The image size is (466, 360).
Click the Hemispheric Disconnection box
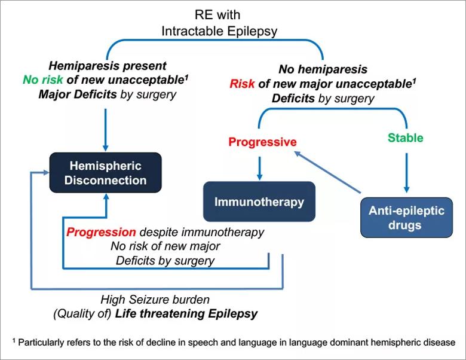click(106, 173)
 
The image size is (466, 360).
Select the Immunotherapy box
click(259, 202)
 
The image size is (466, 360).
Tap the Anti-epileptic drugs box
click(407, 218)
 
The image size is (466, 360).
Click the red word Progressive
click(262, 142)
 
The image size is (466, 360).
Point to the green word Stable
click(406, 138)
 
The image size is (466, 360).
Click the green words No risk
click(43, 80)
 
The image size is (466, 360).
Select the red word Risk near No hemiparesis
click(242, 84)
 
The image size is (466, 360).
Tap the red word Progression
click(101, 232)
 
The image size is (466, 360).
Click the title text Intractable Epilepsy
click(219, 31)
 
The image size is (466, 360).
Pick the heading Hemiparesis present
click(108, 66)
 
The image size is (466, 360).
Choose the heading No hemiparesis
click(323, 69)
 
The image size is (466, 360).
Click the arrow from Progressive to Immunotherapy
click(259, 168)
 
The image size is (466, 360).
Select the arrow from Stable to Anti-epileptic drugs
click(407, 173)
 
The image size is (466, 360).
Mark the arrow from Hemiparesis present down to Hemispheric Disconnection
click(105, 130)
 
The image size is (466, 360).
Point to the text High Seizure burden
click(155, 300)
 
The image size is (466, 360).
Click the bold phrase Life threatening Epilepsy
click(186, 314)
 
